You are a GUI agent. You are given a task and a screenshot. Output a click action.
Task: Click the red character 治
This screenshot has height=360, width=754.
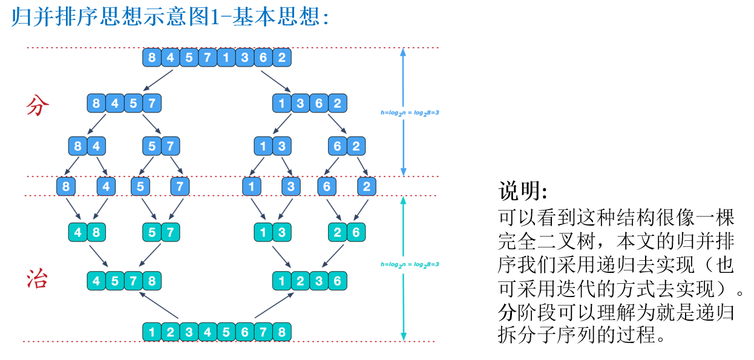tap(38, 279)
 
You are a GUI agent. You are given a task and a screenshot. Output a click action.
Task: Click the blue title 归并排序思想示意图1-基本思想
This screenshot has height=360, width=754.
tap(169, 17)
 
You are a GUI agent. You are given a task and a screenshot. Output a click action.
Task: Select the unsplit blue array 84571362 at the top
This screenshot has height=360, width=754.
tap(217, 58)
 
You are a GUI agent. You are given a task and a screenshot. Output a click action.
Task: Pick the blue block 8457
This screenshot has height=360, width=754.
tap(124, 103)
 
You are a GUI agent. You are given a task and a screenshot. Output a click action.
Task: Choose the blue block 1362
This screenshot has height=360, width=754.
tap(309, 103)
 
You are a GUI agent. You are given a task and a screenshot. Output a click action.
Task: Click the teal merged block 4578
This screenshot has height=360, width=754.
tap(124, 281)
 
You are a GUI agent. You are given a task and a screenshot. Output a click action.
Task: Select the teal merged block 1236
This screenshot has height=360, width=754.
tap(309, 281)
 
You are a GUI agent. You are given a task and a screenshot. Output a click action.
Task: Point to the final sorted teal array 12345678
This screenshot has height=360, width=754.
tap(217, 332)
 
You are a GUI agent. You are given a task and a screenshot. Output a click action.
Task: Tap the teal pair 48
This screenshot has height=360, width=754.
tap(87, 232)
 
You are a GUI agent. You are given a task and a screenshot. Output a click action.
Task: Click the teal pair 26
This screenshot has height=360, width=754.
tap(346, 232)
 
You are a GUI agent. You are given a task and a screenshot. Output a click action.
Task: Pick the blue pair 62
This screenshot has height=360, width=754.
tap(346, 146)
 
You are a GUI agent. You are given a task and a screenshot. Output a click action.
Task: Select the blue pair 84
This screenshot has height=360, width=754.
tap(87, 146)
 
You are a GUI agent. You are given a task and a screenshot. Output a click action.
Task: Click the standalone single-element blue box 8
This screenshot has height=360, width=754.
tap(66, 186)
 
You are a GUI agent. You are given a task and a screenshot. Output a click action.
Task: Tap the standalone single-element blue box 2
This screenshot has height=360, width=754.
tap(367, 186)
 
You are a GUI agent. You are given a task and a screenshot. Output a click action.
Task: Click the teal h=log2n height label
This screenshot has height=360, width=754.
tap(410, 264)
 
